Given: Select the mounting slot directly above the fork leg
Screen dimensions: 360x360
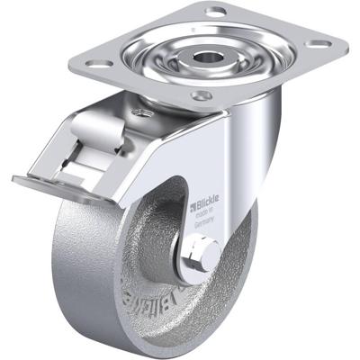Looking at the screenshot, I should [203, 94].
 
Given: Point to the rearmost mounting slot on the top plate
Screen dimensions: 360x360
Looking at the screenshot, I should [216, 12].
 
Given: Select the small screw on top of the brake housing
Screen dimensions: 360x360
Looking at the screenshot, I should [139, 112].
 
